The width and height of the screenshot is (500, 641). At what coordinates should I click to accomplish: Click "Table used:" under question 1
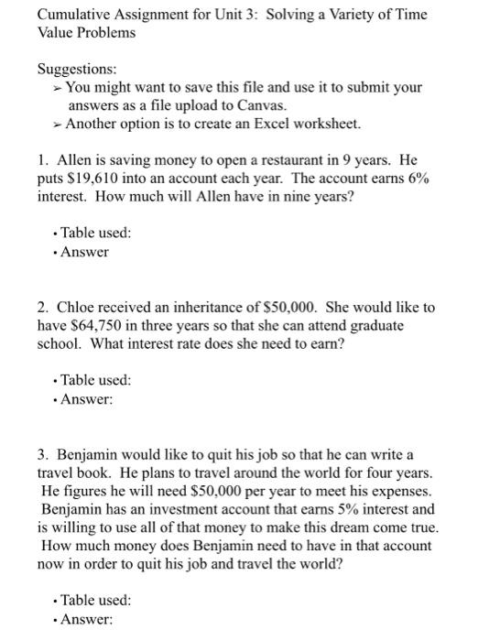coord(95,233)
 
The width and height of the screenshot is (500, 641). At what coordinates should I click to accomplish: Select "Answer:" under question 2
coord(86,398)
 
